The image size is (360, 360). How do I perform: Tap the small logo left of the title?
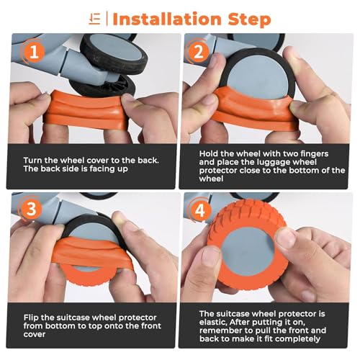[94, 17]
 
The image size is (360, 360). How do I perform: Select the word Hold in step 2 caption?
[208, 153]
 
